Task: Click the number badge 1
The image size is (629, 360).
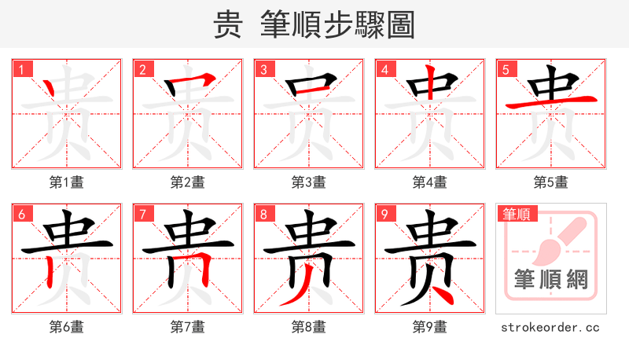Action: click(21, 69)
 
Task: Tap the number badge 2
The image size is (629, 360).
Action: click(142, 69)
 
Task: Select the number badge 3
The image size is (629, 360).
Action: click(263, 69)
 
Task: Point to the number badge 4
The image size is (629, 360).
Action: click(384, 69)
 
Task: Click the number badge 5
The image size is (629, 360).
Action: click(506, 69)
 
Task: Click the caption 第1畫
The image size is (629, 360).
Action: click(67, 182)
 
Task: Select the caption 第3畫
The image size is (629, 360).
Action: click(309, 182)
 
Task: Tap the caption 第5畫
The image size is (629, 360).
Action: click(551, 182)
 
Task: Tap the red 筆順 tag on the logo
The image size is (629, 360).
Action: click(517, 213)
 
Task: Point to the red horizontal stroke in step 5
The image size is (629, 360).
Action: click(550, 102)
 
